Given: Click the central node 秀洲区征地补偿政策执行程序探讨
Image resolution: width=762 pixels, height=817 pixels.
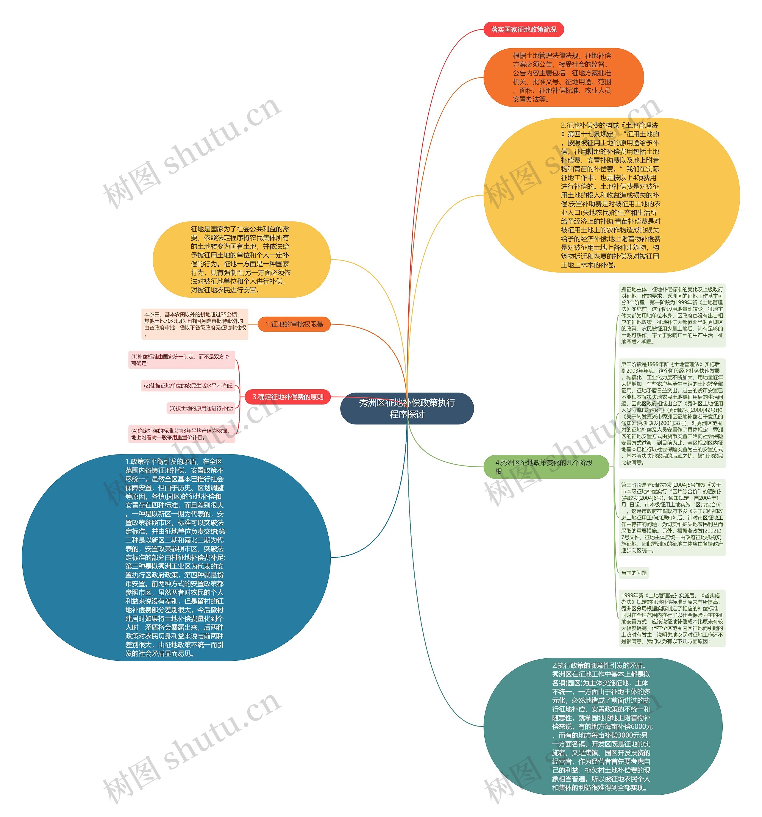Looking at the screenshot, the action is (x=407, y=408).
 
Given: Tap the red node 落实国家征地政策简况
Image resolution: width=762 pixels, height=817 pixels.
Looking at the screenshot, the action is (x=523, y=29).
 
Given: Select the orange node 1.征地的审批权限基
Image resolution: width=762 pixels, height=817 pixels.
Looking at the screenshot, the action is (x=294, y=324).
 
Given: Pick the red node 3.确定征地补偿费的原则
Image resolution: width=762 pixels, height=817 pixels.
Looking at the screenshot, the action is (x=288, y=397).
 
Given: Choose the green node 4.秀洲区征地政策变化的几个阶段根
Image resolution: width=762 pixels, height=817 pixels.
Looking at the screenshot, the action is (x=545, y=467).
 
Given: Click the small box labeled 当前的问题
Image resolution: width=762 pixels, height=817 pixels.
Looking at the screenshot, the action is (x=633, y=573).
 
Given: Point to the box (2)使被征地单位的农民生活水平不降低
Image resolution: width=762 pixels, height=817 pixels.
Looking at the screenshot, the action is (x=188, y=386).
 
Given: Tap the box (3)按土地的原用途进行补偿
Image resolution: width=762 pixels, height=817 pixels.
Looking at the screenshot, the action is (x=201, y=408).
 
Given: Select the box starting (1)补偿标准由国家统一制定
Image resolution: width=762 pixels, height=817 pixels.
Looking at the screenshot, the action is (x=181, y=360).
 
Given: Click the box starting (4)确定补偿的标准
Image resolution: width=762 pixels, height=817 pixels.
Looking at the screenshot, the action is (x=181, y=434).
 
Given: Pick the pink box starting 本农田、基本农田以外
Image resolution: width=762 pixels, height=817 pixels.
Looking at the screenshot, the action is (x=195, y=324).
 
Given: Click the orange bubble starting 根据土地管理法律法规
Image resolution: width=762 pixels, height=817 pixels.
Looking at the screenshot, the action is (x=563, y=77).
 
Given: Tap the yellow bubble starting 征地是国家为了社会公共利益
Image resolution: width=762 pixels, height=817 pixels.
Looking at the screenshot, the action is (x=241, y=259).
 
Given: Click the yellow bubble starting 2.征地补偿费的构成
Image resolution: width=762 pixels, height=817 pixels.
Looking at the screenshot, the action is (x=611, y=195).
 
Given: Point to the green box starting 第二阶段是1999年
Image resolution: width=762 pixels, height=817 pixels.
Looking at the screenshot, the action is (x=672, y=413).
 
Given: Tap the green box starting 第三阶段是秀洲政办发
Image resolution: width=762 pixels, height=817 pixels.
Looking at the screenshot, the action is (x=672, y=517).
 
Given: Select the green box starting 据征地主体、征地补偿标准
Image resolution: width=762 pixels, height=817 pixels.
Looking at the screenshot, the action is (x=672, y=315).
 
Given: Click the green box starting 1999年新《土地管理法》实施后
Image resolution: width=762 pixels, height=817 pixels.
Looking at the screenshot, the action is (x=672, y=618).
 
